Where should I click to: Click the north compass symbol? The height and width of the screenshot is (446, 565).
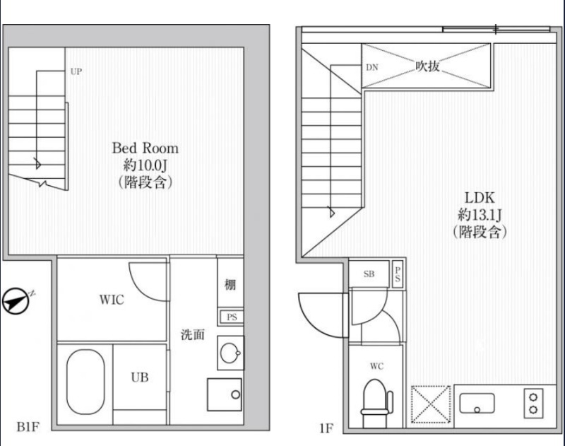pyautogui.click(x=16, y=300)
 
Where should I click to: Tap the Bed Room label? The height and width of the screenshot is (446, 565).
pyautogui.click(x=145, y=148)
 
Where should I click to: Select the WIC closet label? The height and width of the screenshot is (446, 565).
pyautogui.click(x=112, y=299)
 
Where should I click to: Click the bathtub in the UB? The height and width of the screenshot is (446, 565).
pyautogui.click(x=85, y=382)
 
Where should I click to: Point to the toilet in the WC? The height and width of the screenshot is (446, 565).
pyautogui.click(x=376, y=403)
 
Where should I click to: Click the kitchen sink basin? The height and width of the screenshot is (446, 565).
pyautogui.click(x=477, y=403)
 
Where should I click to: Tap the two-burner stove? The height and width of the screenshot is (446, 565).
pyautogui.click(x=533, y=403)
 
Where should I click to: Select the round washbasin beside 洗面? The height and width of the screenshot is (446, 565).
pyautogui.click(x=231, y=353)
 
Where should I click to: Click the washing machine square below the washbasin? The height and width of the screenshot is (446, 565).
pyautogui.click(x=224, y=394)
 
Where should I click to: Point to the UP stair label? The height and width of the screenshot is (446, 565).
pyautogui.click(x=76, y=71)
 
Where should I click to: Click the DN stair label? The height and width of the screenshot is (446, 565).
pyautogui.click(x=372, y=67)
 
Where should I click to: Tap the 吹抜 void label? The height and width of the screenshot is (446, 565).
pyautogui.click(x=427, y=66)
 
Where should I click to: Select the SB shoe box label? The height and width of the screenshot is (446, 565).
pyautogui.click(x=369, y=274)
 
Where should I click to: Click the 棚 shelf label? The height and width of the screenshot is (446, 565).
pyautogui.click(x=230, y=285)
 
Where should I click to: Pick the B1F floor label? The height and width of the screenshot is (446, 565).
pyautogui.click(x=28, y=427)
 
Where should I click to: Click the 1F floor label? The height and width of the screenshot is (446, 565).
pyautogui.click(x=326, y=428)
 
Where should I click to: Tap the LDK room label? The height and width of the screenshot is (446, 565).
pyautogui.click(x=480, y=198)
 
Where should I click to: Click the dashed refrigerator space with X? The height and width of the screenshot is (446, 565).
pyautogui.click(x=431, y=404)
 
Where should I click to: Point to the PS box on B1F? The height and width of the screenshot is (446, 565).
pyautogui.click(x=232, y=317)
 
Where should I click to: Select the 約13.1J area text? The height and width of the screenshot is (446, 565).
pyautogui.click(x=480, y=215)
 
